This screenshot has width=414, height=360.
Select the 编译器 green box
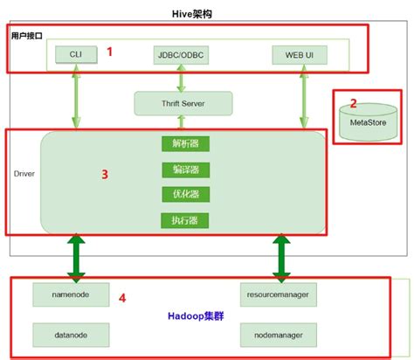[185, 170]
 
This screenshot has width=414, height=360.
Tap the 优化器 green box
[185, 194]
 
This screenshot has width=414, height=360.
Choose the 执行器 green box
[185, 219]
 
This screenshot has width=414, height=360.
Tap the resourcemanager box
[279, 295]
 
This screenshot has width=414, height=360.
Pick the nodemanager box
[279, 334]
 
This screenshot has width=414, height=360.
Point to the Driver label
[24, 175]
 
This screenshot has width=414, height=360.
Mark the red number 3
[105, 175]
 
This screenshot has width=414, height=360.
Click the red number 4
[122, 298]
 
